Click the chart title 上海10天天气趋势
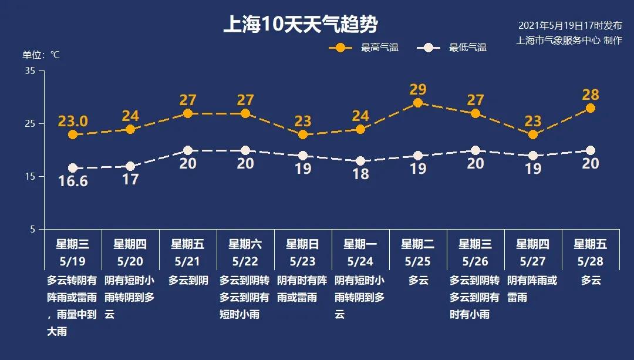300,25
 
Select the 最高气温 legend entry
364,48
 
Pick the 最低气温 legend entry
452,48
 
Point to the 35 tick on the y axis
31,71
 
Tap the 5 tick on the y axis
33,229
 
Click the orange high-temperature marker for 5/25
418,103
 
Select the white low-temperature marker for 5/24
360,161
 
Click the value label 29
418,90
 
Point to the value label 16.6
73,181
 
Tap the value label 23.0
73,122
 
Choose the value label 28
591,95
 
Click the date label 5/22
245,260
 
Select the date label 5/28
591,260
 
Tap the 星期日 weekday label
303,244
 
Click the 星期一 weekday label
360,244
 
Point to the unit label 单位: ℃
41,55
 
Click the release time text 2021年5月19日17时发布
569,26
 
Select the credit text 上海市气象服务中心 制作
569,41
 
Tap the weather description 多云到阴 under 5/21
188,281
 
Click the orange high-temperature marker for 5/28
591,108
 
